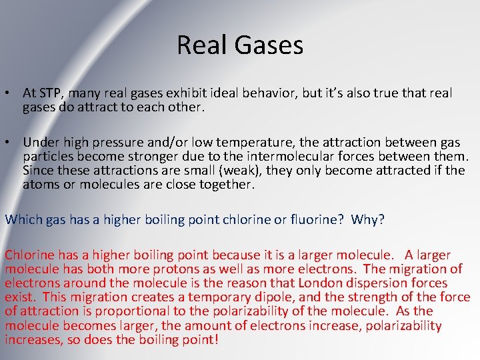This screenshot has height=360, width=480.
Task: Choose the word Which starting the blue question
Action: click(x=21, y=219)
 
